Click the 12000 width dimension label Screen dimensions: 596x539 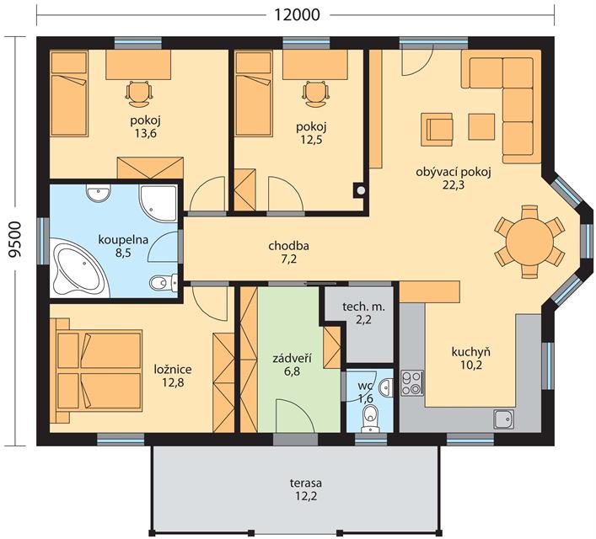point(297,14)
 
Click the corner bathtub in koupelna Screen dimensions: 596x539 point(80,268)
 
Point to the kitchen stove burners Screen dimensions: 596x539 point(412,383)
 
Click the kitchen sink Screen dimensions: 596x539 point(503,419)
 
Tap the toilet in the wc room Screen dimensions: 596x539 point(369,419)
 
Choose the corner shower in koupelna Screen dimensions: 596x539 point(158,203)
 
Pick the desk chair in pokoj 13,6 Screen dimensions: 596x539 point(139,93)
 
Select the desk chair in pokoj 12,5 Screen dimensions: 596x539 point(316,93)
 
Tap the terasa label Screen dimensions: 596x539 point(306,483)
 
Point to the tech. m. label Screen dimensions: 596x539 point(364,307)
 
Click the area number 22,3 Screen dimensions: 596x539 point(454,185)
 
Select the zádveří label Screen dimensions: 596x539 point(293,358)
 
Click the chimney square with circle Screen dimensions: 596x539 point(360,189)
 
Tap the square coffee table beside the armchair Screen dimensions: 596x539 point(481,126)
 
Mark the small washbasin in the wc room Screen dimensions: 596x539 point(386,387)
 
